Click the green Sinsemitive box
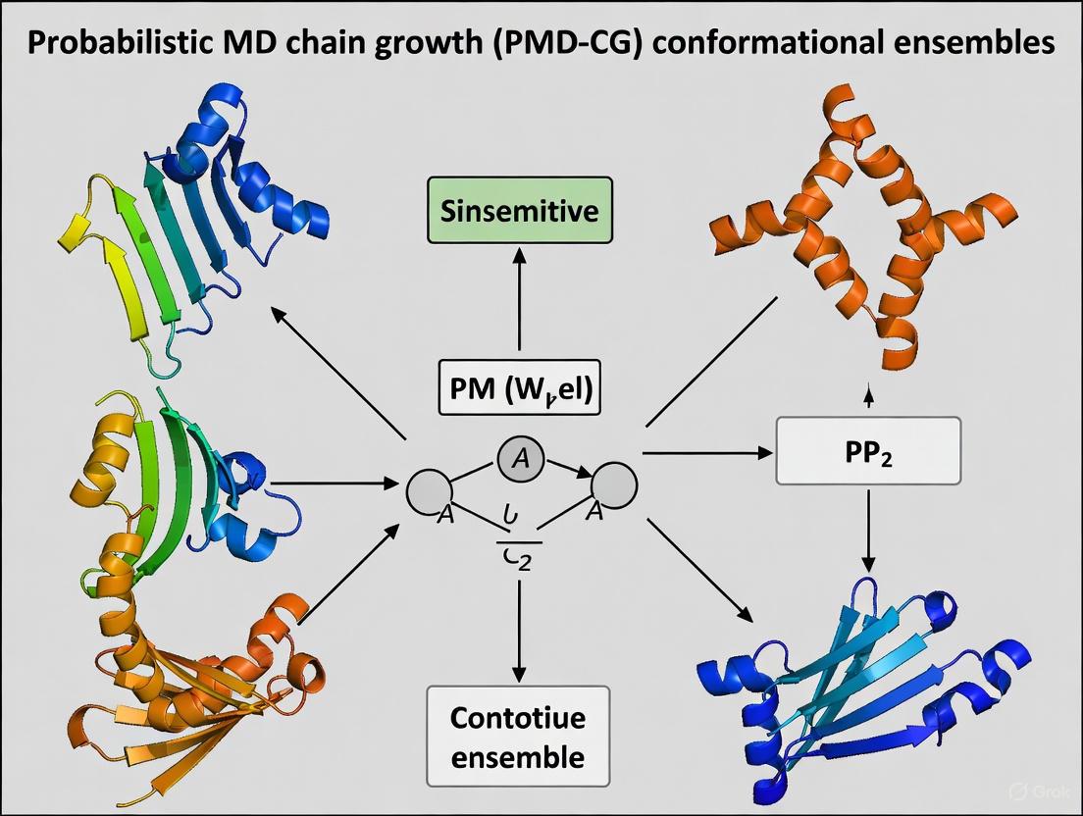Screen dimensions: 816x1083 tap(519, 211)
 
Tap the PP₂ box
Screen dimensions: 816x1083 tap(867, 450)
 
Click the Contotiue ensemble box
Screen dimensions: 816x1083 tap(518, 737)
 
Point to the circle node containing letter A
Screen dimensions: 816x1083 tap(520, 460)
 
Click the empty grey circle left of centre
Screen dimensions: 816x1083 tap(429, 486)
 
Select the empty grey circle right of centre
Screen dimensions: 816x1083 tap(614, 484)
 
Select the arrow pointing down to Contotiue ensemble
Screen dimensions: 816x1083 tap(519, 628)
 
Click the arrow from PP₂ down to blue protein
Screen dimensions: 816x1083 tap(867, 530)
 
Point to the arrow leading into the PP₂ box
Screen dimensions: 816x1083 tap(706, 454)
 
